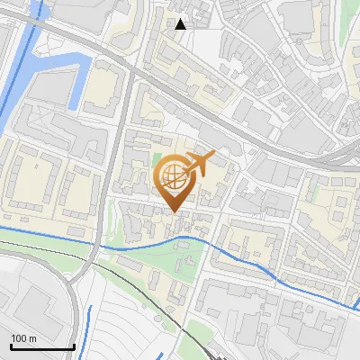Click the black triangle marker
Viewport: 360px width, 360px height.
click(x=180, y=24)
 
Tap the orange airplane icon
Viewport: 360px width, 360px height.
click(x=200, y=164)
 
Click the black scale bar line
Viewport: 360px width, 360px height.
click(x=41, y=346)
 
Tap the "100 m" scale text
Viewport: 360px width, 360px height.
click(x=24, y=338)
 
